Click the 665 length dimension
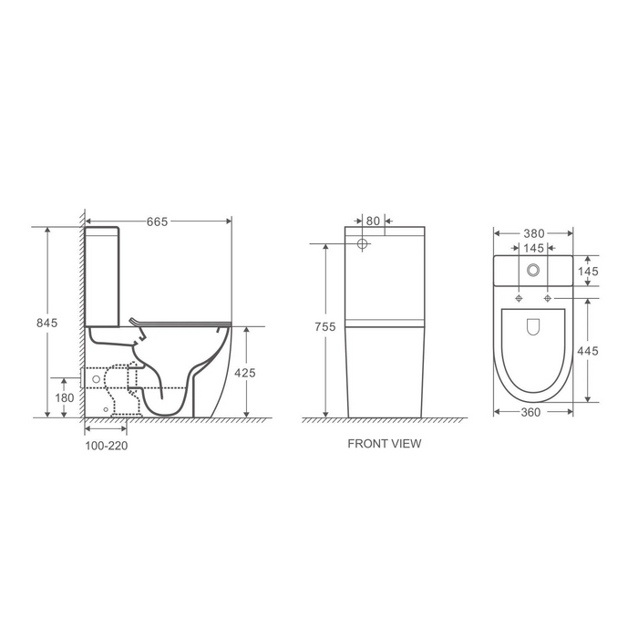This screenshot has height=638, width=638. click(x=158, y=221)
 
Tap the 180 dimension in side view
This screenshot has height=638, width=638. click(x=63, y=397)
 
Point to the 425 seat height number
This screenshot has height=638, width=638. click(x=245, y=372)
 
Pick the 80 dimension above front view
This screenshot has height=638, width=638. click(x=373, y=220)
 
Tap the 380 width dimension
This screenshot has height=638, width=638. click(x=533, y=232)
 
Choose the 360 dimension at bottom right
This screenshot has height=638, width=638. click(x=533, y=412)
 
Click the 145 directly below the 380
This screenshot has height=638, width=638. click(x=533, y=248)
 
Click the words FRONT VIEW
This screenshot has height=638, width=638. click(x=385, y=446)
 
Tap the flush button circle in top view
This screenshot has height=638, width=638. click(x=533, y=271)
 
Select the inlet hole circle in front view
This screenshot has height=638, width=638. click(x=362, y=244)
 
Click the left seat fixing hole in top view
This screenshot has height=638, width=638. click(x=519, y=299)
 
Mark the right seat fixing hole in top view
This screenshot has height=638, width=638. click(x=548, y=299)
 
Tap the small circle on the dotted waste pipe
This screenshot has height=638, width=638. click(x=95, y=376)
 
